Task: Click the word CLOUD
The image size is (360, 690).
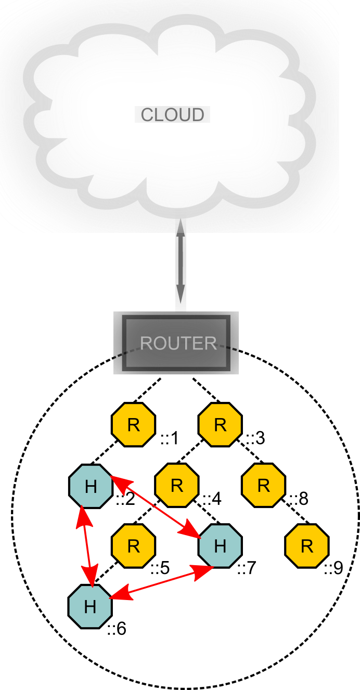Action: click(x=172, y=115)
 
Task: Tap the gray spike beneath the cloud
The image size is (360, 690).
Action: click(x=181, y=227)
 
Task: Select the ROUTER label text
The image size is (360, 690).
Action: click(x=178, y=343)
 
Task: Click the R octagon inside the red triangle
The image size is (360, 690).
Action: click(x=134, y=546)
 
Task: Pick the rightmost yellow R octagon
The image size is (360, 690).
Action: click(x=307, y=546)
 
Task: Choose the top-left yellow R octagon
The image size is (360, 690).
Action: click(x=134, y=425)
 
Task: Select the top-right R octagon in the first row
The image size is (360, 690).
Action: click(x=220, y=425)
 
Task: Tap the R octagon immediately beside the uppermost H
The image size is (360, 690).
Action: click(x=177, y=486)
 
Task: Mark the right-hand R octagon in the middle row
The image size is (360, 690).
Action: click(x=264, y=486)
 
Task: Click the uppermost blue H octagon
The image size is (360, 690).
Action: click(x=91, y=487)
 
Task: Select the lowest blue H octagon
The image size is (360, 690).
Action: click(x=90, y=607)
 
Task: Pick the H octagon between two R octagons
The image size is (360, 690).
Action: click(x=220, y=546)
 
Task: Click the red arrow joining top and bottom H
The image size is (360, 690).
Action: click(x=86, y=546)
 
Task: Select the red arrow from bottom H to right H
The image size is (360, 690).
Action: click(x=161, y=582)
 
